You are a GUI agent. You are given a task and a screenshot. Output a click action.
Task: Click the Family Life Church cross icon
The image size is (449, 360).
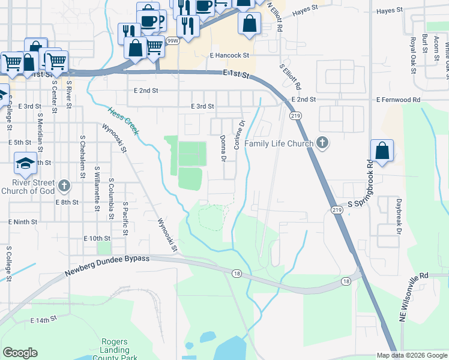322,143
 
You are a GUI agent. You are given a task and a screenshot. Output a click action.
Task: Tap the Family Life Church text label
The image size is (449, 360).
279,144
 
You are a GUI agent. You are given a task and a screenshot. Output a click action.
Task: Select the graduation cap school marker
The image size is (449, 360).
26,162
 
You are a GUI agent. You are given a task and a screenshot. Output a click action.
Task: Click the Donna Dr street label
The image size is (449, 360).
223,148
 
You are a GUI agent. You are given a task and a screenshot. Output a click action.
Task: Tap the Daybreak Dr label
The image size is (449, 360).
397,214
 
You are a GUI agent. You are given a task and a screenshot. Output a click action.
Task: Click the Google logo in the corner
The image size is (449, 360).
20,353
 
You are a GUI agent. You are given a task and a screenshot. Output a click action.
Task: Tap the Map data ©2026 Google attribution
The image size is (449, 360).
412,355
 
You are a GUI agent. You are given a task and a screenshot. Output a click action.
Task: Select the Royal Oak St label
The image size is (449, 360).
413,55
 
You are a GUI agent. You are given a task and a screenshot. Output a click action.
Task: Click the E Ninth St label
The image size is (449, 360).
23,221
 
